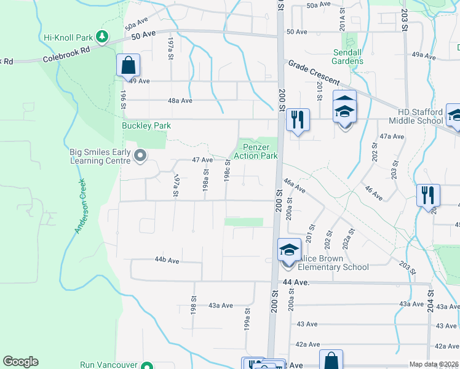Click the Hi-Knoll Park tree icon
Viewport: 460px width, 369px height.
click(x=102, y=38)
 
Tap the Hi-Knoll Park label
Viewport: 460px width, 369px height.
click(x=67, y=38)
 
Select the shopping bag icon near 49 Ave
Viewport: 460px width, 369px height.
click(x=128, y=65)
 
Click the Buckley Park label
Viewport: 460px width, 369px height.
click(x=146, y=125)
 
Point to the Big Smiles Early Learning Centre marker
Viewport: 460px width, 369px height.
click(x=140, y=156)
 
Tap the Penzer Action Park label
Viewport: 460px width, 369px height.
click(x=261, y=151)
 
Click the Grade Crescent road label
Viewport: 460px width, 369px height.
click(x=314, y=72)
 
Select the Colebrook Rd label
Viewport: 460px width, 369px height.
click(x=66, y=57)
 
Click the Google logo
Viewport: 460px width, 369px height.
click(x=20, y=362)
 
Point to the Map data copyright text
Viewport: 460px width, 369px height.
click(x=434, y=364)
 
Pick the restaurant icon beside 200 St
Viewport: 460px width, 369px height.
click(x=297, y=119)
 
